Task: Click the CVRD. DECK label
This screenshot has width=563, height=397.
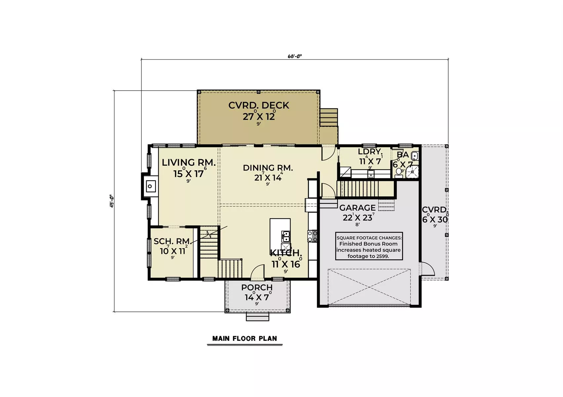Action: [x=259, y=106]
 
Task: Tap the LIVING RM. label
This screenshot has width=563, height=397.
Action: [x=188, y=162]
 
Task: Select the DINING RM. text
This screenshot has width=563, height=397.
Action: [x=268, y=168]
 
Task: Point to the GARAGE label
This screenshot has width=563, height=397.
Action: [x=357, y=208]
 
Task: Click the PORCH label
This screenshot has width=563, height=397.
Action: [x=257, y=287]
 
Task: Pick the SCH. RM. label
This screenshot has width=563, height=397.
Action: [x=172, y=241]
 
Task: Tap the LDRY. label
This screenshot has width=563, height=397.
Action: [x=370, y=152]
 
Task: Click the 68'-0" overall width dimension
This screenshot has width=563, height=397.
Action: [x=295, y=56]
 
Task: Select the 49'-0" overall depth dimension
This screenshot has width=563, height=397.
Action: [x=112, y=201]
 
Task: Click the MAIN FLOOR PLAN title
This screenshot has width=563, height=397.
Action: [x=245, y=339]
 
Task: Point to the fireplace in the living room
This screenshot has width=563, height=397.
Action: [x=150, y=186]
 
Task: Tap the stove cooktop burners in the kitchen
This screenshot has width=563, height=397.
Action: [x=312, y=236]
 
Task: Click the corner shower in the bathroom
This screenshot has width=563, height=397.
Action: [x=412, y=172]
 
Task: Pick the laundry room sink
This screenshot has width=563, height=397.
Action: [x=371, y=174]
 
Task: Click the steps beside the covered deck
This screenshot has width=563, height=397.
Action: [x=329, y=117]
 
